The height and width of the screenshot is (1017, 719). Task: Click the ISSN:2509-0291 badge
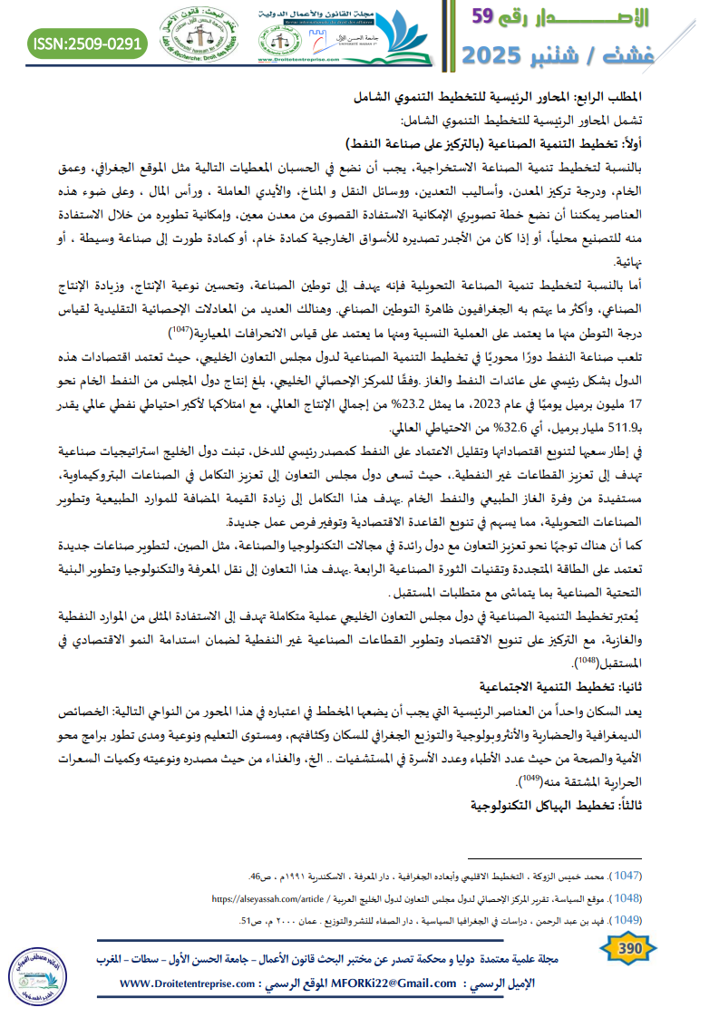click(x=87, y=43)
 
